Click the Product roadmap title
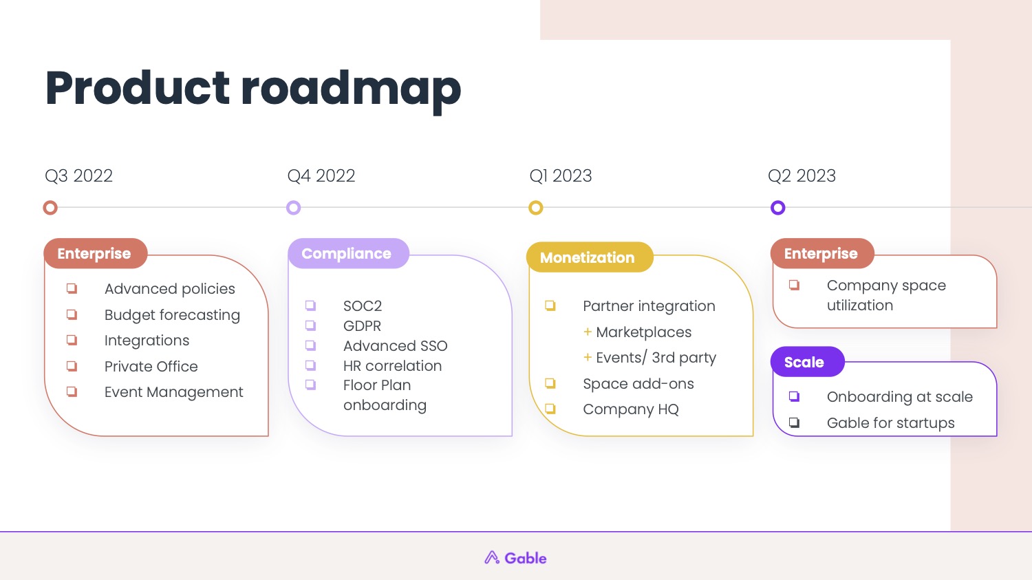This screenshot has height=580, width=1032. coord(253,89)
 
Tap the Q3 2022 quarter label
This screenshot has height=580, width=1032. coord(79,176)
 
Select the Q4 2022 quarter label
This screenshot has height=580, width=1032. coord(321,176)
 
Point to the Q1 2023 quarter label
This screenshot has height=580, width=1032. coord(561,176)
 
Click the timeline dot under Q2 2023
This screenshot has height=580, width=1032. coord(777,208)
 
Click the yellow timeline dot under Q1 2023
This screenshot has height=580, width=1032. coord(535,208)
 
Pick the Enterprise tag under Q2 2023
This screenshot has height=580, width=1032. coord(822,253)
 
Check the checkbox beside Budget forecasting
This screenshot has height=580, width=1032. coord(72,314)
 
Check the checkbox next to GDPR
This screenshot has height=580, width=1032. coord(310,325)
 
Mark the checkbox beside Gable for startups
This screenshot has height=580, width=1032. coord(794,422)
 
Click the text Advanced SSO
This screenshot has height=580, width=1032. coord(396,346)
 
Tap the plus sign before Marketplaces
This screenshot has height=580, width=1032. coord(588,332)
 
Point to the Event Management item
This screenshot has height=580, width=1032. coord(173,392)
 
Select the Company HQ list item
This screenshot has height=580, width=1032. coord(631,409)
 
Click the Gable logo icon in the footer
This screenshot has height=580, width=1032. coord(492,557)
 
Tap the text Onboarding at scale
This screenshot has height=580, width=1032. coord(900,397)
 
